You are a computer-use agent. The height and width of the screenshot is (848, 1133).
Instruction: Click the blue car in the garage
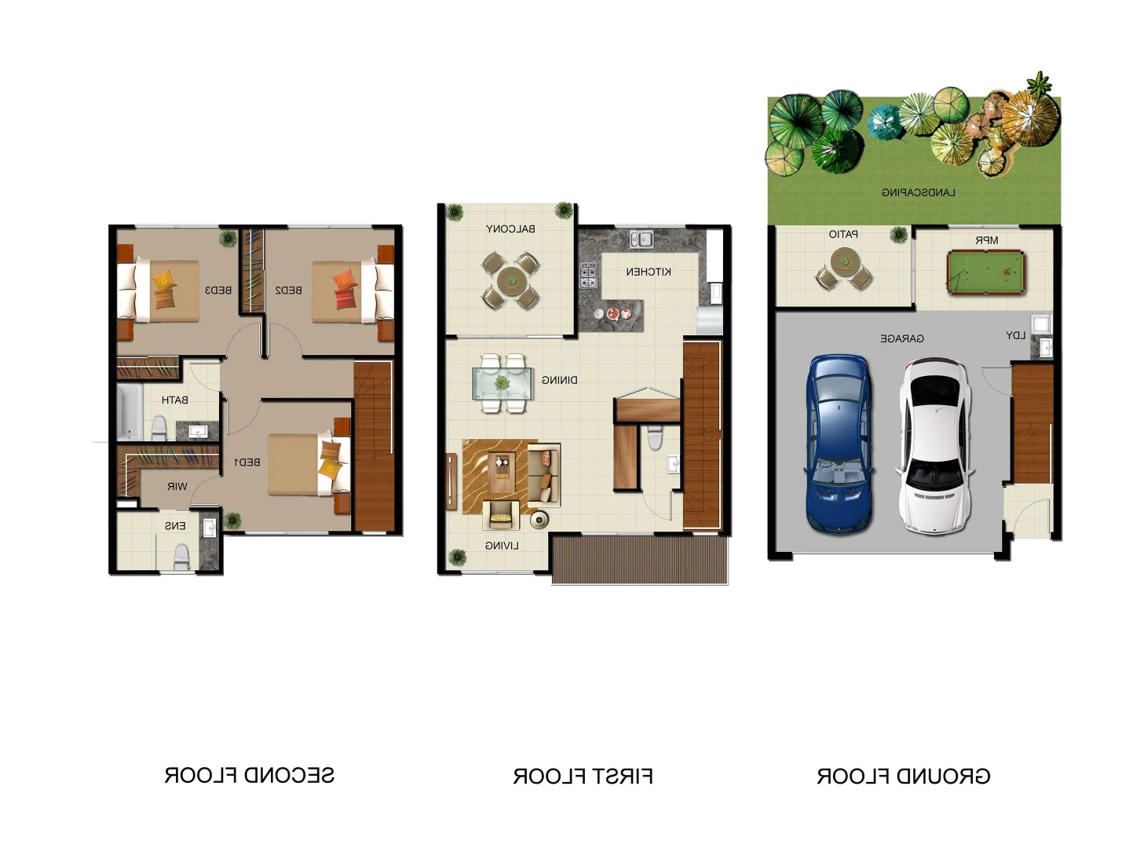pyautogui.click(x=839, y=444)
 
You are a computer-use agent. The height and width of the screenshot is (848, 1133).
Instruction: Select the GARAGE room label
pyautogui.click(x=901, y=338)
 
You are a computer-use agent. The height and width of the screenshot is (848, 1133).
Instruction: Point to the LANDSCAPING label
pyautogui.click(x=919, y=193)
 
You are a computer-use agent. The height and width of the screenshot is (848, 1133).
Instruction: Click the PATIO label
pyautogui.click(x=843, y=234)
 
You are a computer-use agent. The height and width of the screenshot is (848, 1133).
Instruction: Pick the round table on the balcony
pyautogui.click(x=511, y=281)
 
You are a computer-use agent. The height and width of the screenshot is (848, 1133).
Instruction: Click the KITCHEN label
pyautogui.click(x=649, y=272)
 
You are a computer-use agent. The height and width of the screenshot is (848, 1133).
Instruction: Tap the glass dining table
pyautogui.click(x=503, y=383)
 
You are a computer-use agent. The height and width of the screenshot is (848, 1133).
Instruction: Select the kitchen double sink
pyautogui.click(x=641, y=239)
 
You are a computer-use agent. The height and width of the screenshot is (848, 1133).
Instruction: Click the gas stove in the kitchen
pyautogui.click(x=588, y=276)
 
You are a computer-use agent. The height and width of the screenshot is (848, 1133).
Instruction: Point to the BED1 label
pyautogui.click(x=247, y=462)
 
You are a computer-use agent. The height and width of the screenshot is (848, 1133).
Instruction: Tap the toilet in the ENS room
pyautogui.click(x=181, y=557)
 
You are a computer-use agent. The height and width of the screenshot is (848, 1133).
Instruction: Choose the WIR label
pyautogui.click(x=177, y=486)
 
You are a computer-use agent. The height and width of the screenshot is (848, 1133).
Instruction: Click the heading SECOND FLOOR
pyautogui.click(x=250, y=775)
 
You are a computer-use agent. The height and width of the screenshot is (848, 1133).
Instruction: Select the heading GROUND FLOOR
pyautogui.click(x=903, y=777)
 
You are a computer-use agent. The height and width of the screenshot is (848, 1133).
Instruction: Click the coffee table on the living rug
pyautogui.click(x=502, y=472)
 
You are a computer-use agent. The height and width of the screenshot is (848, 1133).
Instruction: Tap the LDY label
pyautogui.click(x=1015, y=336)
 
